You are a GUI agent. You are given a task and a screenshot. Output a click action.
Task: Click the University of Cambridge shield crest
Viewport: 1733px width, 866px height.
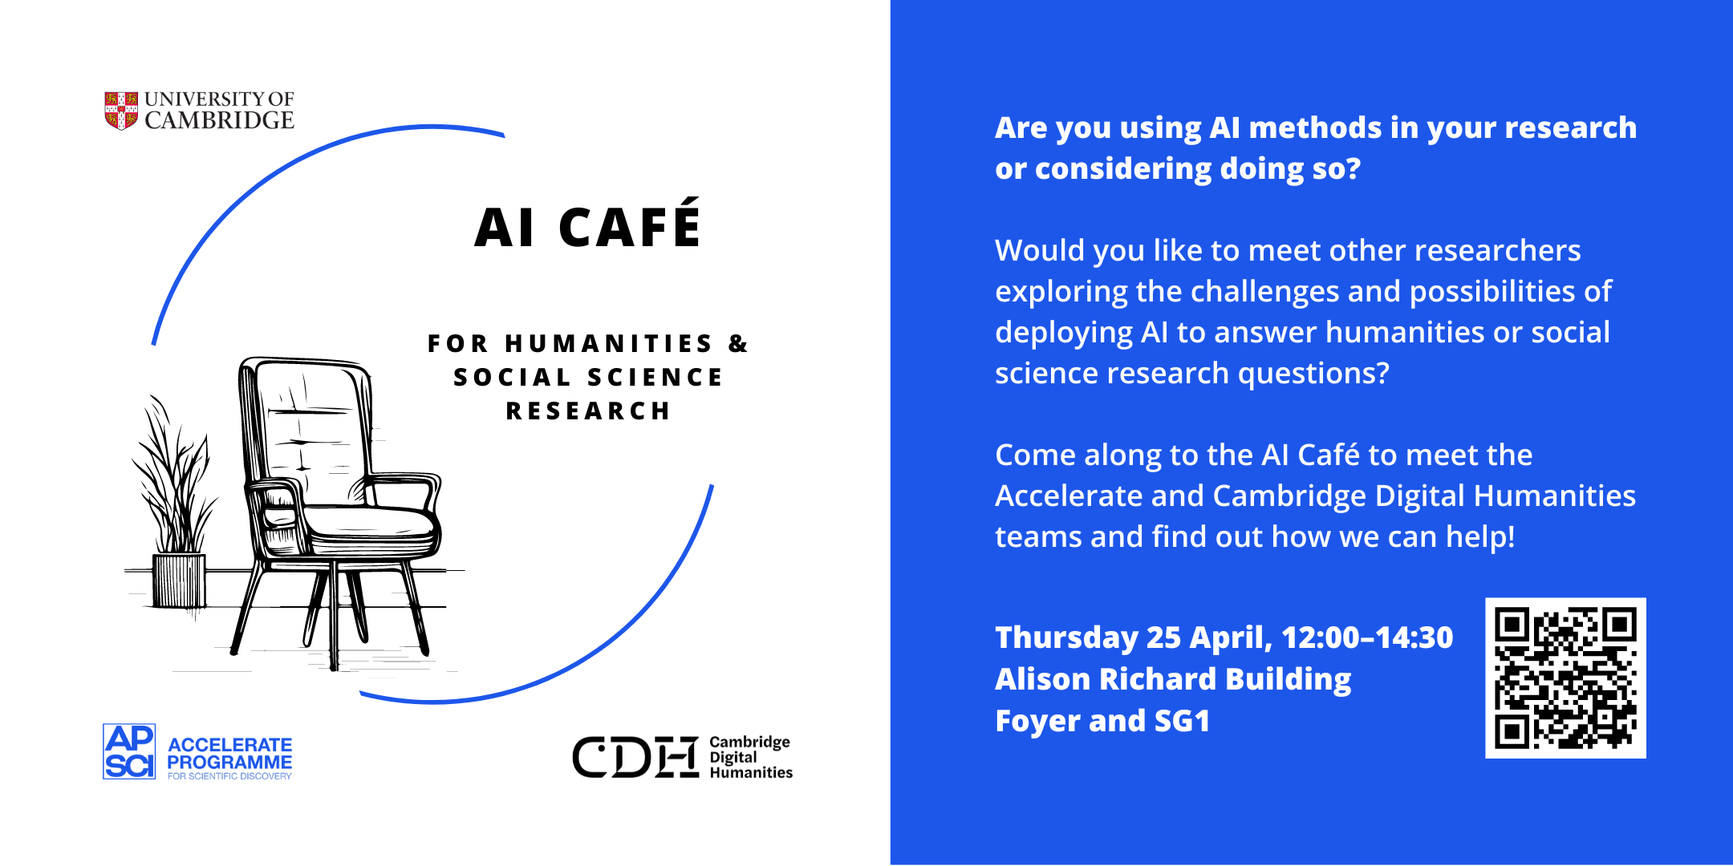pyautogui.click(x=121, y=111)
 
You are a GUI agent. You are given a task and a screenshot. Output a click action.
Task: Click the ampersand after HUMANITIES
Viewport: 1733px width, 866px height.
pyautogui.click(x=738, y=344)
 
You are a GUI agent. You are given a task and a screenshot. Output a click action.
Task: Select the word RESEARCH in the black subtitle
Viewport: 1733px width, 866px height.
pyautogui.click(x=588, y=411)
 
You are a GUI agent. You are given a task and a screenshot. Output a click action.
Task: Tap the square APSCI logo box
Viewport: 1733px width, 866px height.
pyautogui.click(x=129, y=751)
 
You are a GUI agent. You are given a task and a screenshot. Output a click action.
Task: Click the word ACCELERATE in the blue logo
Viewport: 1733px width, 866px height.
pyautogui.click(x=229, y=745)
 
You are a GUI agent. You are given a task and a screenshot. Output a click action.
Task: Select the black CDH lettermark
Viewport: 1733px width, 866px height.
pyautogui.click(x=635, y=757)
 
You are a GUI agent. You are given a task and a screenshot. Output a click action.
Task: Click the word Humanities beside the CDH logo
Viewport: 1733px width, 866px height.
pyautogui.click(x=751, y=773)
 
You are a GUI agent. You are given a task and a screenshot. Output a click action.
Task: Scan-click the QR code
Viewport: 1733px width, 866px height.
pyautogui.click(x=1565, y=678)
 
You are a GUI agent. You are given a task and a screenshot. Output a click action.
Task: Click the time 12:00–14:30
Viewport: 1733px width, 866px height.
pyautogui.click(x=1367, y=637)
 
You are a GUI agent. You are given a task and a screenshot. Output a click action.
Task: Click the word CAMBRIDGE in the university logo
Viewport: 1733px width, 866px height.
pyautogui.click(x=219, y=120)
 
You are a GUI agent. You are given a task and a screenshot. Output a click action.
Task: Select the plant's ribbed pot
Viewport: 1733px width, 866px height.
pyautogui.click(x=179, y=581)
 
